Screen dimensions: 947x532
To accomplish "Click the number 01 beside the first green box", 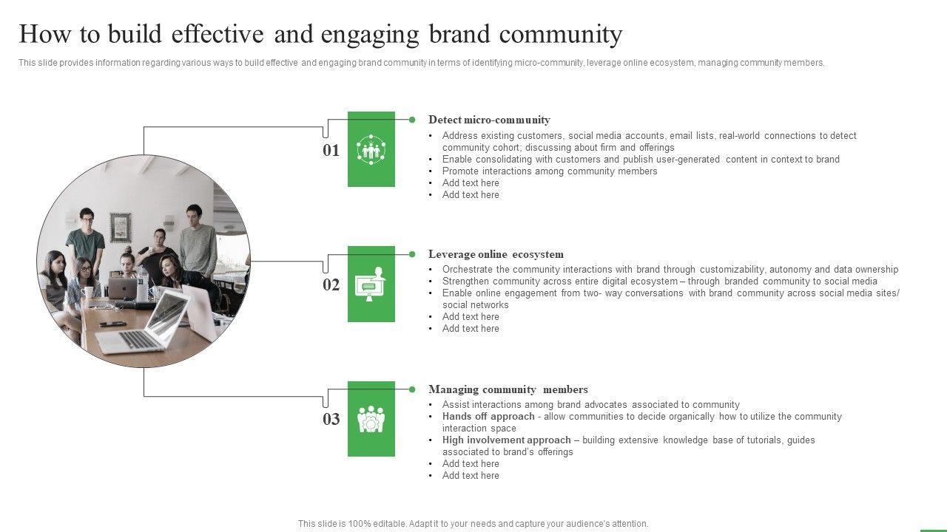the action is (331, 151).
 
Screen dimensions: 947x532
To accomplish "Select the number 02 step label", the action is (331, 285).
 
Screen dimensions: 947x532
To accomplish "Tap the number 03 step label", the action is (331, 420).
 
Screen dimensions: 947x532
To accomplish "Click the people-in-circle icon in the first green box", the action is (371, 149).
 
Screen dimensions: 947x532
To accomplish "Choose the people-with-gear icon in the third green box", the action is (371, 419).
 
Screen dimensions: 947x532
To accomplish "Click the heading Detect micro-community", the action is (489, 120).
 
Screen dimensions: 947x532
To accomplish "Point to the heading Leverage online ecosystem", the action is (496, 254).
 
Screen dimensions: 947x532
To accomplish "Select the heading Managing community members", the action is (508, 389).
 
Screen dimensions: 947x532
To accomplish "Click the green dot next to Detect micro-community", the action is (412, 119).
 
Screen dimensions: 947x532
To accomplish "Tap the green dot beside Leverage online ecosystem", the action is (412, 254).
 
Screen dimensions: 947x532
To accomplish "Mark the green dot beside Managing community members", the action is (412, 389).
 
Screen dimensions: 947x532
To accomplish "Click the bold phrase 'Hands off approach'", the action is (488, 417).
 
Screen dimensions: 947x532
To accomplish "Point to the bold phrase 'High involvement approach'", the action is (506, 440).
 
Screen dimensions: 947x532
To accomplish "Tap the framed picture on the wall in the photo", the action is (120, 225).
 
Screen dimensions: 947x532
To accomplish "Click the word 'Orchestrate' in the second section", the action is (468, 270).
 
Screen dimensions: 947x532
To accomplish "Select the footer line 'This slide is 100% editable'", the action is (473, 524).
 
